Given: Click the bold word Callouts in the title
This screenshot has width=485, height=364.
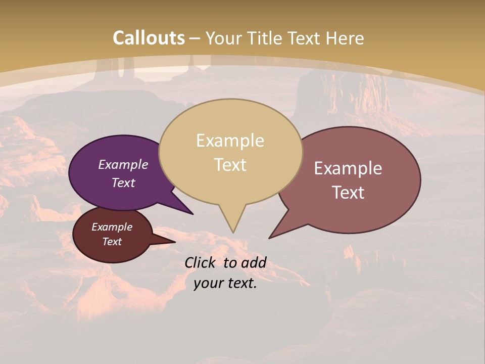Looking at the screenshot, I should (x=149, y=38).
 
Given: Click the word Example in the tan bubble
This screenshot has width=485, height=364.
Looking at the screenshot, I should (x=230, y=141).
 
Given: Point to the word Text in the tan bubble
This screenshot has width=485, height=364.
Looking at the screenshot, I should (x=230, y=165).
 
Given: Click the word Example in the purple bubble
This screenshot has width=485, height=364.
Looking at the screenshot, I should (x=123, y=164).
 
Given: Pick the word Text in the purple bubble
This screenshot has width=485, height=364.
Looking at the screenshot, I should (x=123, y=183).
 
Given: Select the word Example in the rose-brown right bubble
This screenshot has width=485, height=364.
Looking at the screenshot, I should (x=348, y=168).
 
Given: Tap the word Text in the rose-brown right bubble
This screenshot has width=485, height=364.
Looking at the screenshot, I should (x=348, y=193).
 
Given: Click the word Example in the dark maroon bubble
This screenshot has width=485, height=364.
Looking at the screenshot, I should (x=112, y=227).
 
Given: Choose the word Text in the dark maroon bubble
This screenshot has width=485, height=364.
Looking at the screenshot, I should (x=112, y=242).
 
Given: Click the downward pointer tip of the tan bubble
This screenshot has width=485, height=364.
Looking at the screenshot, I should (x=233, y=233).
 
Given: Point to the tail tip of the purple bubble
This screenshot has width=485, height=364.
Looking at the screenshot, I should (x=193, y=214).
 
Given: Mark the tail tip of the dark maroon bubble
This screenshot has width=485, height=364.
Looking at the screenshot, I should (x=175, y=242).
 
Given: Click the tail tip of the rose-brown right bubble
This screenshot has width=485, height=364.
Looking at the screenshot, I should (x=269, y=238).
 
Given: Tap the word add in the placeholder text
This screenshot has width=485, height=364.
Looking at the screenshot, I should (x=254, y=262).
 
